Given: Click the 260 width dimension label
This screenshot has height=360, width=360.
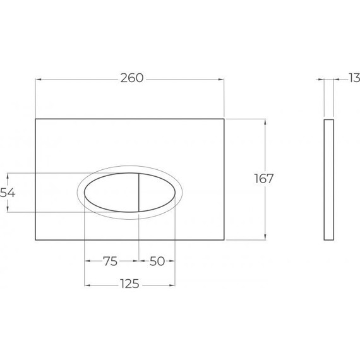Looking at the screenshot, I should [x=131, y=78].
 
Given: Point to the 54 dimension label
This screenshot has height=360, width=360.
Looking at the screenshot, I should [x=7, y=193].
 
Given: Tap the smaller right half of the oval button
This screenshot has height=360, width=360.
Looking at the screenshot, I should [x=155, y=193].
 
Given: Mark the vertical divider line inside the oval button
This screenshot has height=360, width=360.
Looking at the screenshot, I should [x=138, y=193].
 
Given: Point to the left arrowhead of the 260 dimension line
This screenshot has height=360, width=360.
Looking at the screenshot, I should [x=37, y=79].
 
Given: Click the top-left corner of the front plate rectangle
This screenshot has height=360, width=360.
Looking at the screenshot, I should [x=35, y=118].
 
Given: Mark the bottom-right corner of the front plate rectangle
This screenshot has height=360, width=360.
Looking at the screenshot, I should [x=224, y=240].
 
